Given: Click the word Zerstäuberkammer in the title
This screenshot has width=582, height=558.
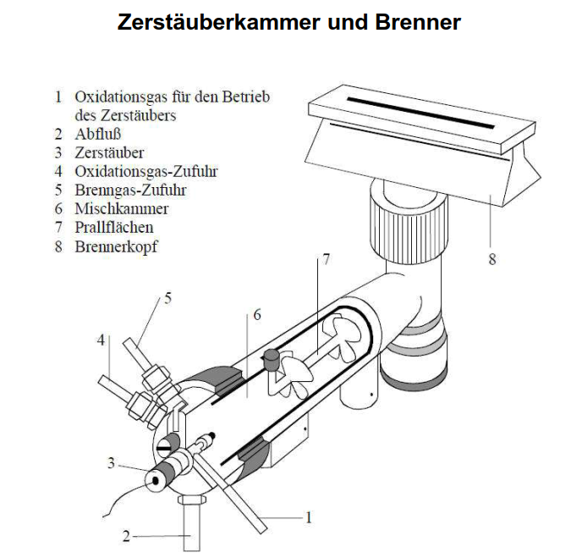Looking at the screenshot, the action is [218, 22].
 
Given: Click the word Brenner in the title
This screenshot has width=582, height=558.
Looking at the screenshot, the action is [418, 22].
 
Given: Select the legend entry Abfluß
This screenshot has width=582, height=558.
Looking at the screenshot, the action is [98, 134].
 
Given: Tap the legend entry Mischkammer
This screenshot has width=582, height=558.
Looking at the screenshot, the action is [122, 208].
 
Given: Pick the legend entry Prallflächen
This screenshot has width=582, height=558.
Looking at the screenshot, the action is [114, 228].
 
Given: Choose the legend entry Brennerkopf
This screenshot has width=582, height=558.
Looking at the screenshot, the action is [116, 246].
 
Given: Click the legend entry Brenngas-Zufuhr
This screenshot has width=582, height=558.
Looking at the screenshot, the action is [130, 190].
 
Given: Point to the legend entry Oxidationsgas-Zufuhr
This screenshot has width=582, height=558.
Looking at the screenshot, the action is [145, 171].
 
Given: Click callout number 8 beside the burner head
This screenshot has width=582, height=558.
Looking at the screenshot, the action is [492, 259].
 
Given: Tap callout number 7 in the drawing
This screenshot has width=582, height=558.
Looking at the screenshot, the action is [327, 259].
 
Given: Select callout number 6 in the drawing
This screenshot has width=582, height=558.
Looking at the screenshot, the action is [257, 315].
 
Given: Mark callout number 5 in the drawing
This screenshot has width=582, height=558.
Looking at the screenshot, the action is [168, 298].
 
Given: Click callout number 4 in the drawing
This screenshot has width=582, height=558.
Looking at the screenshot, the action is [101, 340].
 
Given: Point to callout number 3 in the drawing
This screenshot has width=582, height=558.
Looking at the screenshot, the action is [111, 463].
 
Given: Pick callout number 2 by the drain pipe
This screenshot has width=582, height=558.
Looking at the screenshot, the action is [127, 536].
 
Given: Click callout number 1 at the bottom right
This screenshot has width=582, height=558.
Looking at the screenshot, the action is [308, 517].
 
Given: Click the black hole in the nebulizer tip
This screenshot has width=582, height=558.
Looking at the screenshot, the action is [155, 481].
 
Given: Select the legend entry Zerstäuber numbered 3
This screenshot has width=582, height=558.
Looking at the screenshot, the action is [109, 152].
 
